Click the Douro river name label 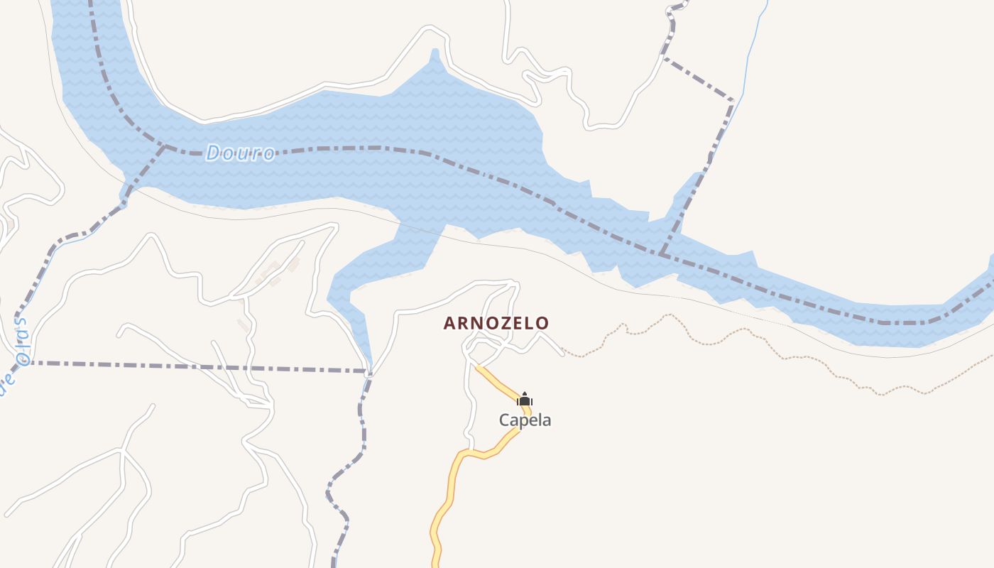coord(240,153)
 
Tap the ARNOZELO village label coord(496,324)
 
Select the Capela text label coord(525,420)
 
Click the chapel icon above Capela coord(525,400)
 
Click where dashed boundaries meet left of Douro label coord(164,147)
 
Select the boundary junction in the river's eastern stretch coord(662,253)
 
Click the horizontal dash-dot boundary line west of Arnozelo coord(199,366)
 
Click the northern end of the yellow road coord(478,367)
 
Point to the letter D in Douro coord(213,153)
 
